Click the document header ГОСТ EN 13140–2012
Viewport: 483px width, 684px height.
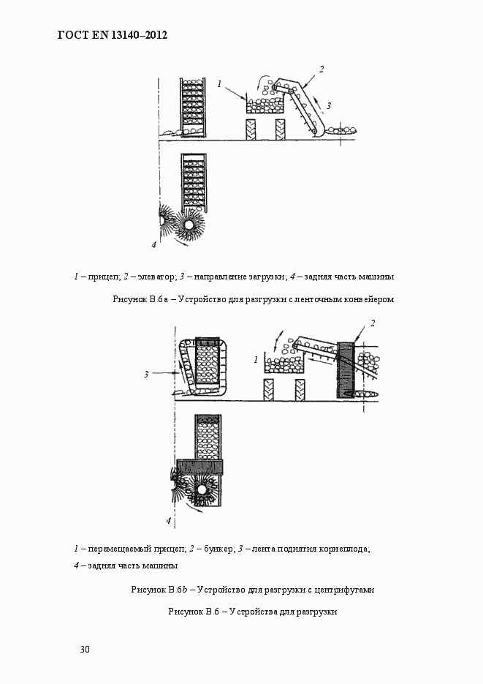[x=113, y=34]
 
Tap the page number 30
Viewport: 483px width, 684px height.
[x=85, y=649]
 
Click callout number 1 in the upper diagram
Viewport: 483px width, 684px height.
[x=219, y=85]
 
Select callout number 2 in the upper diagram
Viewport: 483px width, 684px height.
[x=321, y=70]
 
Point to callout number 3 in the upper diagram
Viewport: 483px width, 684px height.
[x=329, y=106]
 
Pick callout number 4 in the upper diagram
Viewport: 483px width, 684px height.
[x=154, y=244]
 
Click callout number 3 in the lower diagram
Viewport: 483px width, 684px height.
[x=146, y=374]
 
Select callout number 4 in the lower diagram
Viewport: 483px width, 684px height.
[x=168, y=521]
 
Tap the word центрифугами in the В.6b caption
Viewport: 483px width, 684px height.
[x=349, y=589]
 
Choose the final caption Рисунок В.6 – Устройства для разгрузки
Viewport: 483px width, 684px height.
[x=252, y=611]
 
